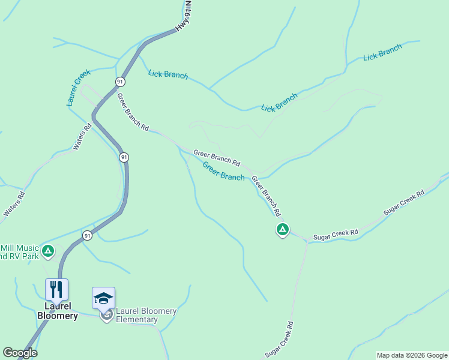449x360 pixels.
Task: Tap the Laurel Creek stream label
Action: click(x=79, y=88)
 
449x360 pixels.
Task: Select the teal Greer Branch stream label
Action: click(x=223, y=171)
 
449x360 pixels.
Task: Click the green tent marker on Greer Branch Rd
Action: click(x=283, y=229)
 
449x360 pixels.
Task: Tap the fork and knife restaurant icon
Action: click(x=56, y=290)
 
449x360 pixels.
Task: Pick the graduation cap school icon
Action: click(x=103, y=298)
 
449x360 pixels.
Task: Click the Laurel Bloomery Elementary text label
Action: click(x=146, y=315)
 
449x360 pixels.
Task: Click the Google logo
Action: click(x=20, y=353)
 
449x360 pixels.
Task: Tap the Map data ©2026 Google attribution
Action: click(x=411, y=355)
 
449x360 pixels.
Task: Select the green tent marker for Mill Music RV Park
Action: click(x=48, y=251)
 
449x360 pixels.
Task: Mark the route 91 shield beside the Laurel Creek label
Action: click(x=121, y=82)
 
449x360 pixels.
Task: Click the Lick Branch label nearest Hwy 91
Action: click(x=168, y=75)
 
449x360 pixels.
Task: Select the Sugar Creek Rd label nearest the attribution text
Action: click(x=280, y=340)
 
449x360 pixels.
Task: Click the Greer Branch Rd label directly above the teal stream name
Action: click(x=217, y=158)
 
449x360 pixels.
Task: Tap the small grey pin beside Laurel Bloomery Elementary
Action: click(x=107, y=315)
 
